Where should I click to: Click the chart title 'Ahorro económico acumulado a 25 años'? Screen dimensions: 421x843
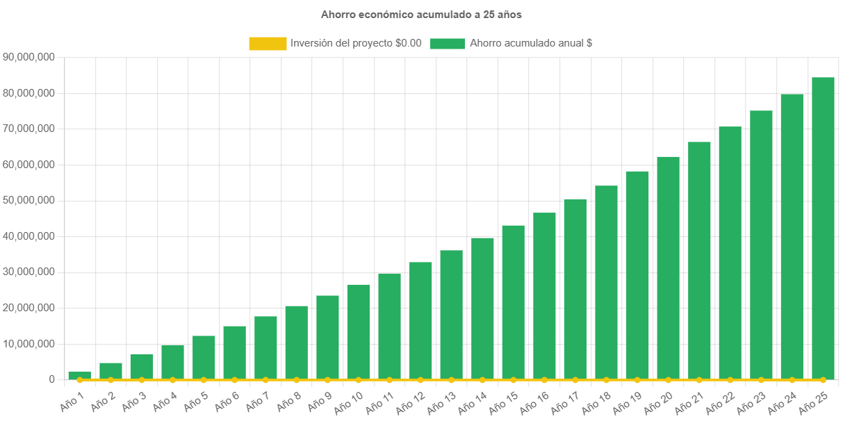[x=421, y=14]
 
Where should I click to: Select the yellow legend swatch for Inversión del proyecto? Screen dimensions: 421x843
[x=268, y=43]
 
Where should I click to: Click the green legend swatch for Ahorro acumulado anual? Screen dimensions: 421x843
[x=448, y=43]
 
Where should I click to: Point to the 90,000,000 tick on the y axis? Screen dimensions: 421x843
[x=29, y=57]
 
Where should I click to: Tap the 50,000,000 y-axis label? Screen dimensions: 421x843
[x=29, y=200]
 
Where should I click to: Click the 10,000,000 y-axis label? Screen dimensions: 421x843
[x=29, y=344]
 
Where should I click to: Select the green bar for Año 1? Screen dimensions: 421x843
[x=79, y=375]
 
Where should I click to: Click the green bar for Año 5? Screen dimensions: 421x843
[x=204, y=357]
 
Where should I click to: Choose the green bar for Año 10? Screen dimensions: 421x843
[x=359, y=331]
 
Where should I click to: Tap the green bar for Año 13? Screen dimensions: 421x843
[x=451, y=315]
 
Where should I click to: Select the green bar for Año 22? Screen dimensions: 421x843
[x=730, y=253]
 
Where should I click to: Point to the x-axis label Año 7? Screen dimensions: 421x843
[x=256, y=399]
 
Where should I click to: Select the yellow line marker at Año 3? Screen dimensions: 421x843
[x=142, y=380]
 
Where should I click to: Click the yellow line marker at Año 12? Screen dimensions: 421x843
[x=420, y=380]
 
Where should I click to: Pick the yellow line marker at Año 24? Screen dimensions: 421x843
[x=792, y=380]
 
